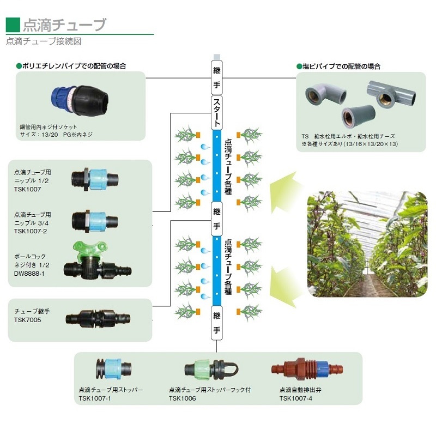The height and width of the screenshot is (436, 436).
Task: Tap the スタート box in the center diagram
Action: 217,112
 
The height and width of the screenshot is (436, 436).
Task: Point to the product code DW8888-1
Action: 29,273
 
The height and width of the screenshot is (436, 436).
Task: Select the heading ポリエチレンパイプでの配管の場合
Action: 74,66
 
